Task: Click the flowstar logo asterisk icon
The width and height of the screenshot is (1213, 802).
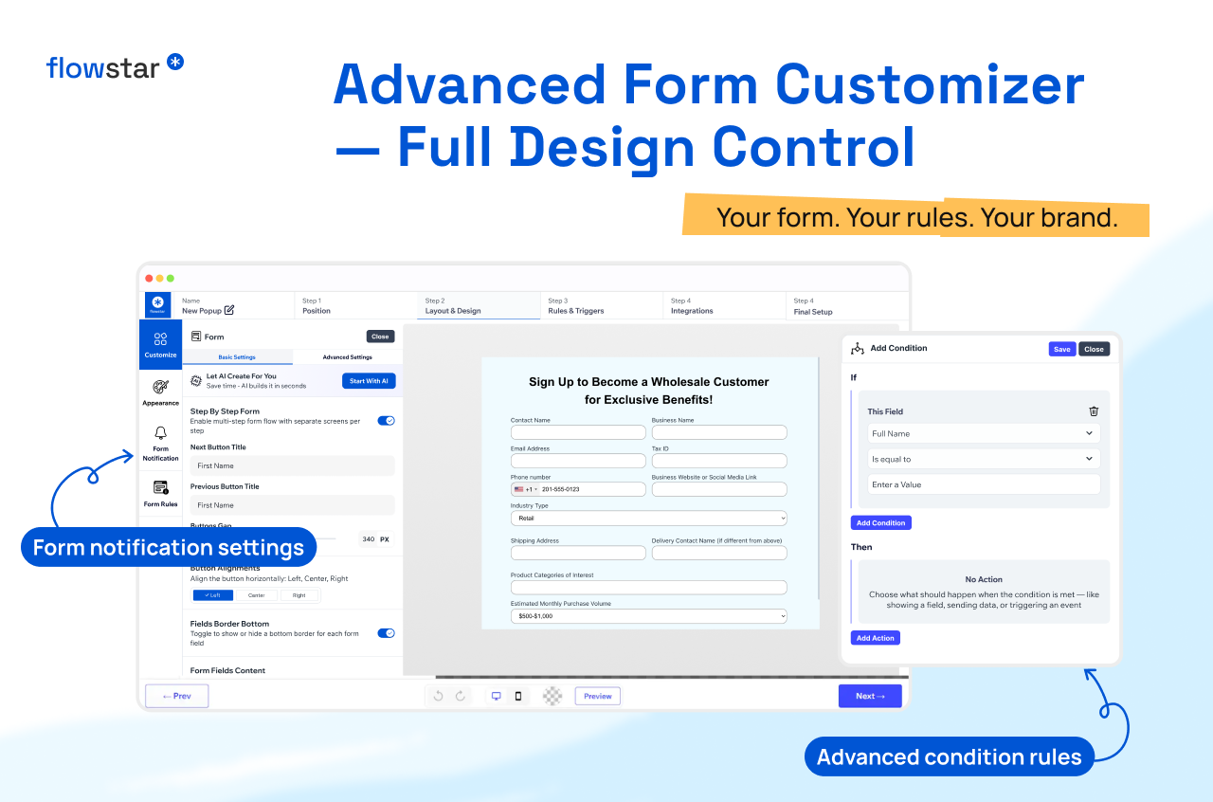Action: point(175,62)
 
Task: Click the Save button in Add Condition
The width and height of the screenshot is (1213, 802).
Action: point(1061,349)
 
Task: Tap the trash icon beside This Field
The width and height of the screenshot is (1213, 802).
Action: point(1094,411)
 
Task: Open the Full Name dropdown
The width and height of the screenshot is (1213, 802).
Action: point(984,433)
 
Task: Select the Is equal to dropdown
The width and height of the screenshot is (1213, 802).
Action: point(984,459)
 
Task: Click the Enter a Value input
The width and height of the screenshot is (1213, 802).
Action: point(984,484)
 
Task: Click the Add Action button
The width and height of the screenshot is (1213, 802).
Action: point(875,638)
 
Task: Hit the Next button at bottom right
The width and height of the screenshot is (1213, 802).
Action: point(869,696)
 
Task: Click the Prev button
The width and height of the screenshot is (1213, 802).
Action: point(177,696)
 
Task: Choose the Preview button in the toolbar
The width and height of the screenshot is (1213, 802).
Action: point(597,696)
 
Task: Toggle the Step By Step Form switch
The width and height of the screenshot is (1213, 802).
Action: point(386,420)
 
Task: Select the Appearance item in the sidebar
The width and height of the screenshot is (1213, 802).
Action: point(160,392)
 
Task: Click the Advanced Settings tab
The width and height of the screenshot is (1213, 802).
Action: point(347,357)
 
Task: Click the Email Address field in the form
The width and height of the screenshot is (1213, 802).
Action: point(578,461)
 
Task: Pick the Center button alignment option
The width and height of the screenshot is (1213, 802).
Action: point(257,595)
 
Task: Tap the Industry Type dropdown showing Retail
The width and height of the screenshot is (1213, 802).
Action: point(648,519)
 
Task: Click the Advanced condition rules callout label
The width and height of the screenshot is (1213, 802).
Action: point(949,756)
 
